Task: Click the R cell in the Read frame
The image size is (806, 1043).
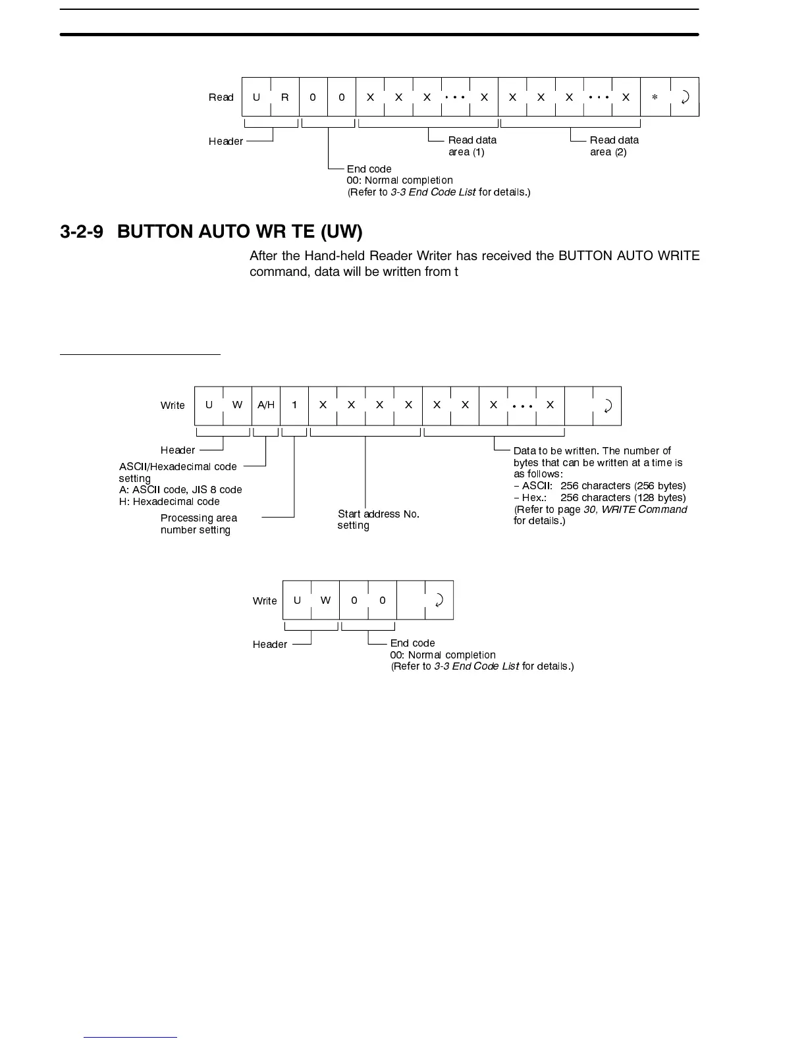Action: coord(284,97)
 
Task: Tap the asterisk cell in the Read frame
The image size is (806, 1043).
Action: coord(655,97)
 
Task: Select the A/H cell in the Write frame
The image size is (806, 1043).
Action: coord(266,406)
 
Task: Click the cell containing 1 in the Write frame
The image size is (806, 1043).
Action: coord(294,406)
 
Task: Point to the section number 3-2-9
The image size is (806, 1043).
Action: coord(81,232)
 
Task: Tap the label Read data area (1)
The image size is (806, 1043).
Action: coord(471,146)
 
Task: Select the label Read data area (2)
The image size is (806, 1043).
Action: coord(614,146)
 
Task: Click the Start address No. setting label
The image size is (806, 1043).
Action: coord(378,520)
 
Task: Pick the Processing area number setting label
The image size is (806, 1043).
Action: coord(198,524)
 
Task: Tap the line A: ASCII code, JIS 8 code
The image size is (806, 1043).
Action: coord(180,490)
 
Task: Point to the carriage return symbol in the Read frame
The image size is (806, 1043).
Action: coord(685,97)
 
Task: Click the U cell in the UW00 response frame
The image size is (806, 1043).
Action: coord(297,601)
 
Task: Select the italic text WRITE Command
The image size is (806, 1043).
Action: coord(644,510)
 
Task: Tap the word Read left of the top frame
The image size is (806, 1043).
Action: coord(221,97)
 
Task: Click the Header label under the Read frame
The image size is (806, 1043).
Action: coord(225,142)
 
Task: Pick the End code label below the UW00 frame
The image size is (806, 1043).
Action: coord(412,643)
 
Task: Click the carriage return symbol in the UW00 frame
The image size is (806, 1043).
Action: coord(439,601)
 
